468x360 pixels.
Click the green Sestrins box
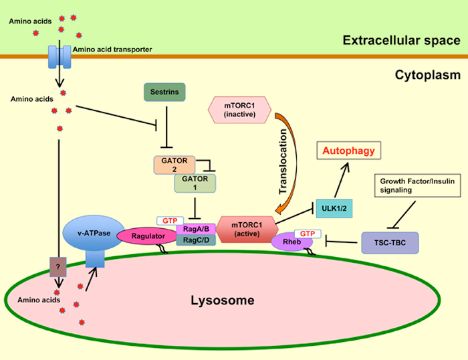pyautogui.click(x=164, y=92)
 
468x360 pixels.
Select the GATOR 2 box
pyautogui.click(x=174, y=165)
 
